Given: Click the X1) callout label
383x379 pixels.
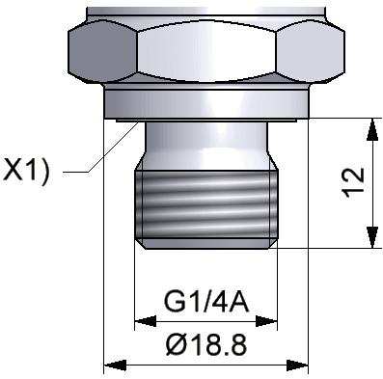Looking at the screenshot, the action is (x=26, y=171).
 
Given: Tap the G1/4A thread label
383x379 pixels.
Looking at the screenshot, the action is (x=206, y=302).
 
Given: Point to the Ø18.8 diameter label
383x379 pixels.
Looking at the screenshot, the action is (x=206, y=344).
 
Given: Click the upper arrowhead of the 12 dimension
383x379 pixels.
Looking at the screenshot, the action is (x=372, y=129).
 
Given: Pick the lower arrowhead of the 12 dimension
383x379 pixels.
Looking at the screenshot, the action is (x=372, y=237).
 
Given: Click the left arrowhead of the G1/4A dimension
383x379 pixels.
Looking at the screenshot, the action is (x=145, y=321).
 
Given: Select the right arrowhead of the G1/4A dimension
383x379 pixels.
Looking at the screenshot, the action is (x=266, y=321).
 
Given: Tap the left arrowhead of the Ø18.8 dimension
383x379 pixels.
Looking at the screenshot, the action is (x=115, y=365).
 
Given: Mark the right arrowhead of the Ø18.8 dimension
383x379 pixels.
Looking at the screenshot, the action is (x=297, y=365).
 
